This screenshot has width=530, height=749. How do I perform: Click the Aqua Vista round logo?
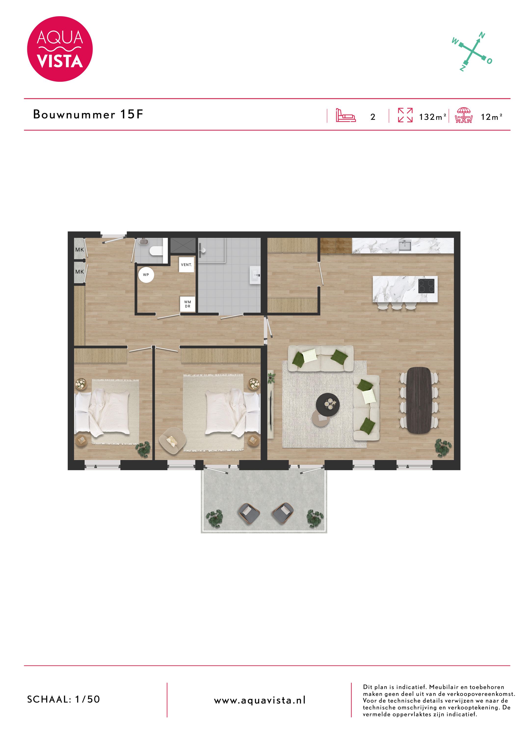click(60, 49)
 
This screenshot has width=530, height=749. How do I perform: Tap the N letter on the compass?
click(482, 35)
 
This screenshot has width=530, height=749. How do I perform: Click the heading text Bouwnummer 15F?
click(88, 115)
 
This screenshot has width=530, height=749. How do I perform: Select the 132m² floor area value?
click(432, 117)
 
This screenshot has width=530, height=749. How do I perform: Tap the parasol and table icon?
click(464, 116)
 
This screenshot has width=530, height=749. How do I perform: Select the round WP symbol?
click(146, 275)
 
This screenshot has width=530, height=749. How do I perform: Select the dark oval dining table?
click(419, 400)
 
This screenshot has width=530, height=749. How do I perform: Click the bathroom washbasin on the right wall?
click(255, 275)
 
